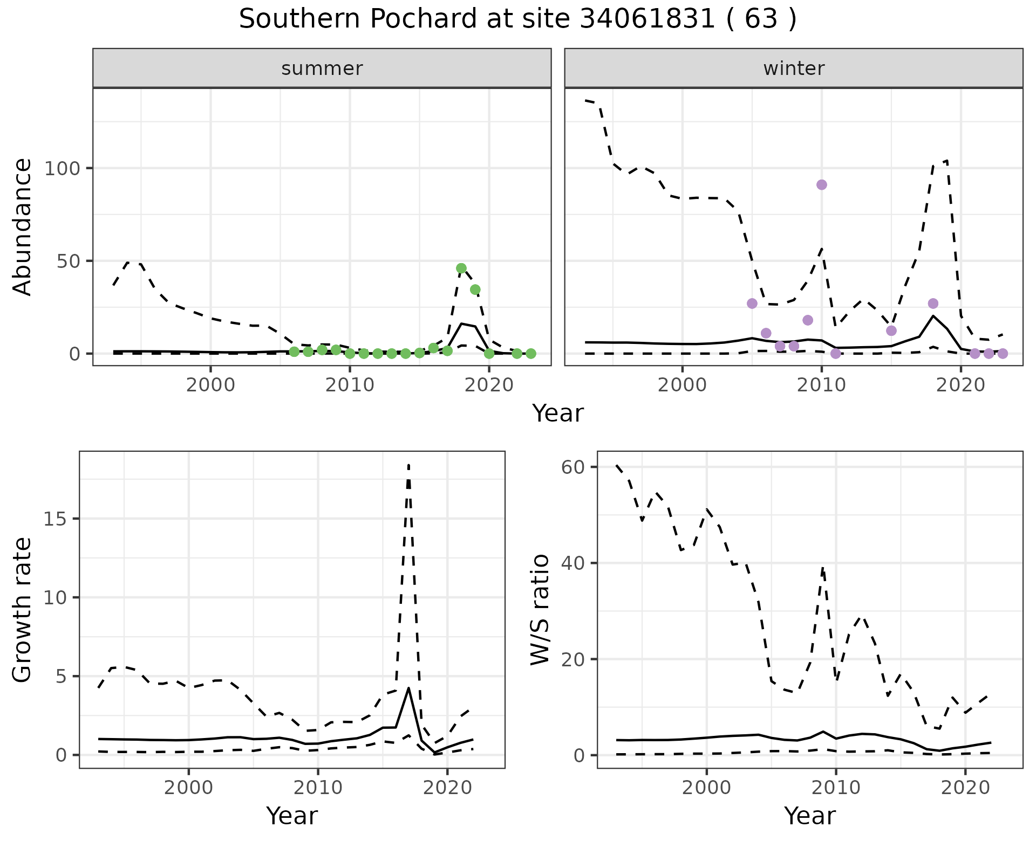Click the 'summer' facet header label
point(322,68)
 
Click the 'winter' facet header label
point(794,68)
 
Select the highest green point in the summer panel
point(461,268)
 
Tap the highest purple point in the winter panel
point(822,185)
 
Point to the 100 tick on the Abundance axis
point(64,169)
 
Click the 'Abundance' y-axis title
point(23,227)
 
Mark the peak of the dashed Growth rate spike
point(409,465)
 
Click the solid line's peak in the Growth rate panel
point(409,688)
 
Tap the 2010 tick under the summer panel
point(350,386)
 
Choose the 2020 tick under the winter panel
point(960,386)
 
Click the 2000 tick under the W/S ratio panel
point(706,788)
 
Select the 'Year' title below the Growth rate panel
point(292,816)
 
